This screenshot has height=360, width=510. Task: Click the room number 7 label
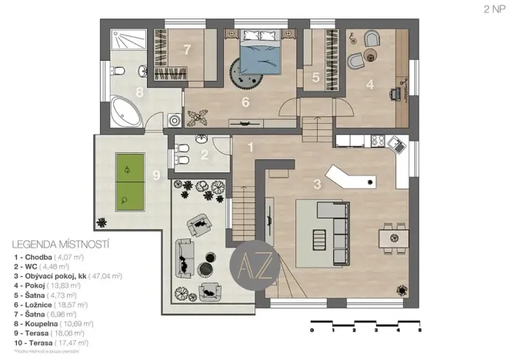click(187, 48)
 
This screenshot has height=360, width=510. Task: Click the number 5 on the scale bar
click(420, 329)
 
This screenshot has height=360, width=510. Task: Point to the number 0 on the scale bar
click(312, 329)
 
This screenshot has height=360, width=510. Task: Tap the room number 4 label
click(370, 85)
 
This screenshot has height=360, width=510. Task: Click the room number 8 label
click(139, 93)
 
